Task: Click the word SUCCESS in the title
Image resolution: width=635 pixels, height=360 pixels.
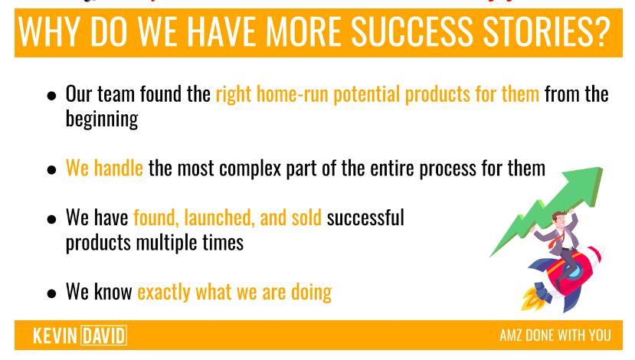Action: pyautogui.click(x=412, y=31)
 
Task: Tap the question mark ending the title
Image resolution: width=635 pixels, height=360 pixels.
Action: pyautogui.click(x=601, y=31)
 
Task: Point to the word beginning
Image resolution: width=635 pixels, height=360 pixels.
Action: pyautogui.click(x=102, y=119)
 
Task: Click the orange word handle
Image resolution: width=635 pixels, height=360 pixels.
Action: pyautogui.click(x=118, y=168)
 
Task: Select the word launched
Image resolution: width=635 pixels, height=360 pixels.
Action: pyautogui.click(x=219, y=218)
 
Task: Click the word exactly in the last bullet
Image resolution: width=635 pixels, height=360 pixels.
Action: pyautogui.click(x=164, y=293)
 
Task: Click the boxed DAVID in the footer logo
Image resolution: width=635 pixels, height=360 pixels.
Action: pyautogui.click(x=103, y=335)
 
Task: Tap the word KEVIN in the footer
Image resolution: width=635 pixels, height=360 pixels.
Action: pyautogui.click(x=55, y=335)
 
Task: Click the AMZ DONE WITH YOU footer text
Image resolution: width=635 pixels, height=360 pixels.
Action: pyautogui.click(x=555, y=335)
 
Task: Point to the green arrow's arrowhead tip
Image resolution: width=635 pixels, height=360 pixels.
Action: pyautogui.click(x=603, y=168)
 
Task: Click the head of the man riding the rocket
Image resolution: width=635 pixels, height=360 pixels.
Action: pyautogui.click(x=559, y=219)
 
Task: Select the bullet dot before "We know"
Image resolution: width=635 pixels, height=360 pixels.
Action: pyautogui.click(x=51, y=293)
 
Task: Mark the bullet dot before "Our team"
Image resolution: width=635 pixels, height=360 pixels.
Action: pyautogui.click(x=51, y=96)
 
